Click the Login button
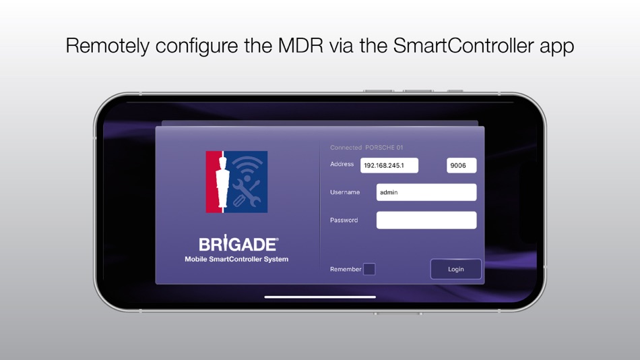(x=456, y=269)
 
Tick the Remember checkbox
(x=369, y=269)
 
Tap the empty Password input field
(x=426, y=220)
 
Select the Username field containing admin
(x=426, y=192)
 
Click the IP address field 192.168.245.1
(x=389, y=165)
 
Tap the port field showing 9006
(x=461, y=165)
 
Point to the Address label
(x=342, y=164)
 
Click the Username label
(x=344, y=192)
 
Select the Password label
(x=344, y=220)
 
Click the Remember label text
(x=346, y=269)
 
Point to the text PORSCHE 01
(x=384, y=148)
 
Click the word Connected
(x=346, y=148)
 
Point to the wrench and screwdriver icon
(x=247, y=194)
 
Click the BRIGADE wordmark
(x=237, y=244)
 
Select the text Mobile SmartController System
(x=236, y=260)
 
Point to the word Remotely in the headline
(x=108, y=46)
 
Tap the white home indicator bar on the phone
(x=320, y=297)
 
